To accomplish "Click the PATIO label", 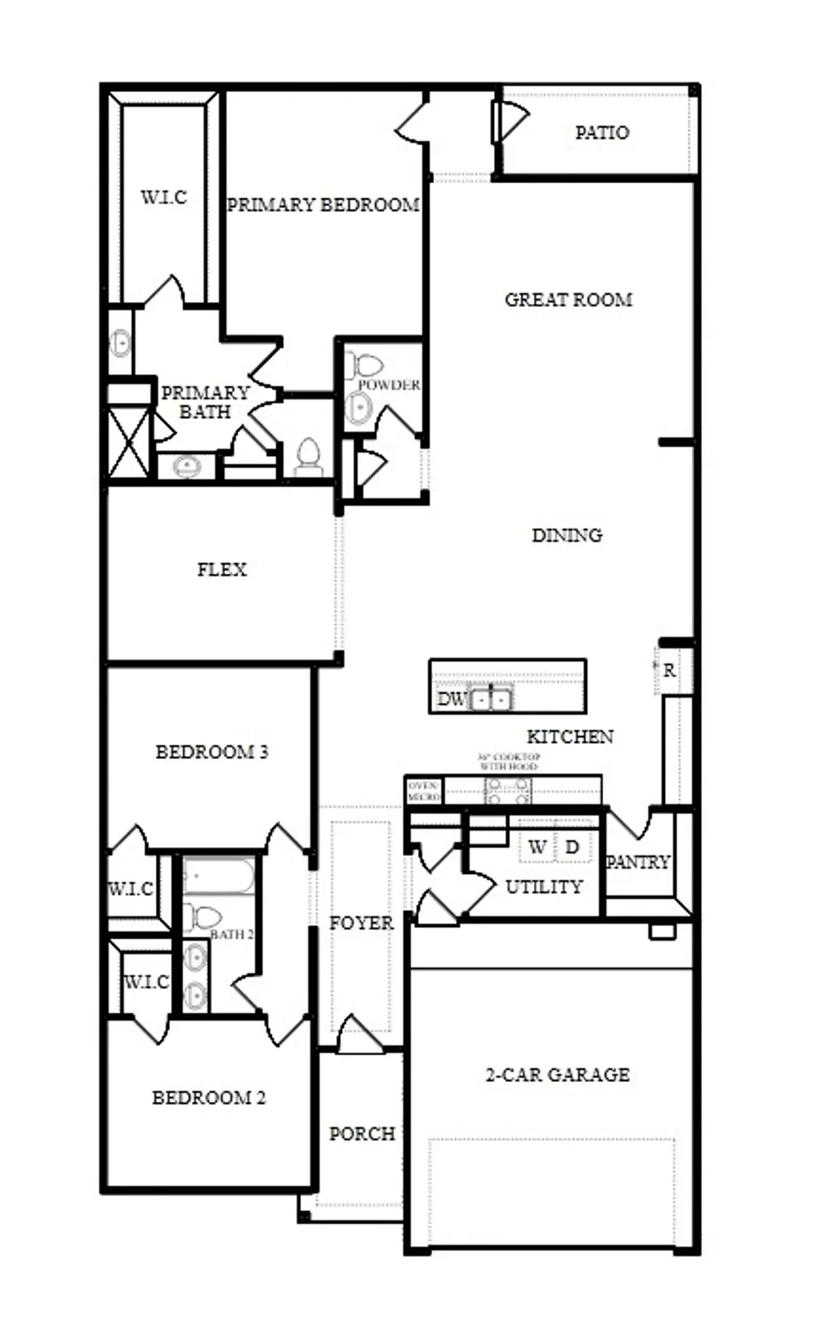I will [602, 133].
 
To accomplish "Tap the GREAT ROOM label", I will [568, 300].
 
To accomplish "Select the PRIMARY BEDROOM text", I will [323, 205].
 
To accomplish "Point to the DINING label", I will [567, 535].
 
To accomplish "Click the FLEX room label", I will [221, 569].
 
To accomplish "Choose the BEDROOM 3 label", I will [212, 752].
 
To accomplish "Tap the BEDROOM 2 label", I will [209, 1098].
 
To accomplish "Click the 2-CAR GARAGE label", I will [558, 1075].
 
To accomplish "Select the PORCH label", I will [361, 1133].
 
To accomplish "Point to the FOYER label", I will [361, 923].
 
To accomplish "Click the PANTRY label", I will [637, 861].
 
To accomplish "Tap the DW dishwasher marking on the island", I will [451, 699].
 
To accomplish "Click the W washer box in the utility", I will [537, 847].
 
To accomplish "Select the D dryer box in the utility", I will [572, 847].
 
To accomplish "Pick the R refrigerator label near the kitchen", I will [669, 671].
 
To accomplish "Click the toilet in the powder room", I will [365, 364].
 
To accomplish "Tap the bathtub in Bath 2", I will [219, 877].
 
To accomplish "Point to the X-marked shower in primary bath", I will [129, 442].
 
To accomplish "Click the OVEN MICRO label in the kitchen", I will [423, 791].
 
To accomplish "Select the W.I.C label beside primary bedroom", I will [164, 197].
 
